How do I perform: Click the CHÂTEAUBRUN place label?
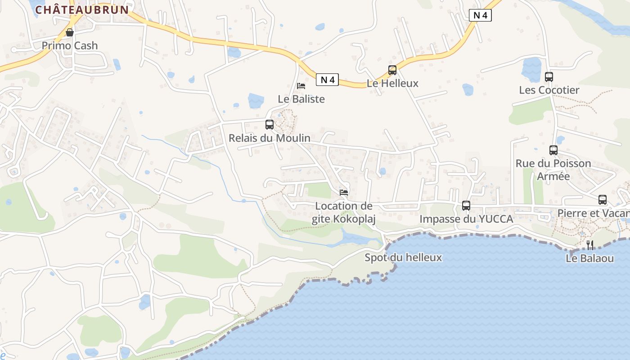click(x=82, y=9)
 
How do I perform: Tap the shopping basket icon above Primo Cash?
click(x=70, y=32)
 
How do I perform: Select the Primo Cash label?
click(x=70, y=45)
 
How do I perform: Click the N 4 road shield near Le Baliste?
click(x=327, y=80)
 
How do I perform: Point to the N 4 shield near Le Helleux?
click(x=480, y=15)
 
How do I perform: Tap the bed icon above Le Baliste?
click(x=301, y=86)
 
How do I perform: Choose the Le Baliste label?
click(x=301, y=99)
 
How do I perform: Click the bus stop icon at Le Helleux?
click(x=392, y=70)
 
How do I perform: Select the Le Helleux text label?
click(x=392, y=83)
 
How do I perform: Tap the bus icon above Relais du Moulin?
click(x=270, y=125)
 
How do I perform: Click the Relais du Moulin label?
click(x=270, y=138)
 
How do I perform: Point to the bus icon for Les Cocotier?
click(x=549, y=77)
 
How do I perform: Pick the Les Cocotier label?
click(x=549, y=90)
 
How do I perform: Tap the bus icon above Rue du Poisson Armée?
click(x=553, y=150)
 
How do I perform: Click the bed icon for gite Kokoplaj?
click(x=344, y=193)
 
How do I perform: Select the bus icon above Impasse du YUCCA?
click(x=466, y=206)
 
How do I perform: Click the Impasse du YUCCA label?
click(x=466, y=219)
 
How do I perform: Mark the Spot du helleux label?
click(x=403, y=258)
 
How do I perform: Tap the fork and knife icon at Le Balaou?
click(x=590, y=245)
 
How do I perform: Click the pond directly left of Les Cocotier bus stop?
click(x=531, y=70)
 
